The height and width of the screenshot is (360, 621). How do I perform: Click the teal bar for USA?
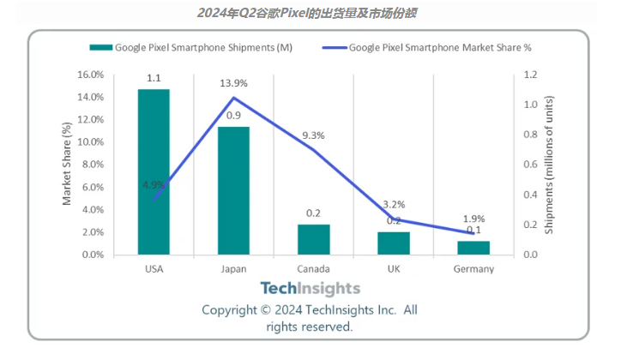point(154,171)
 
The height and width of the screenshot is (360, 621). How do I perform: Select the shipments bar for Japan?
point(233,190)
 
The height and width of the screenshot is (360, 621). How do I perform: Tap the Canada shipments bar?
point(313,239)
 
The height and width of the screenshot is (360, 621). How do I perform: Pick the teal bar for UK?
point(393,243)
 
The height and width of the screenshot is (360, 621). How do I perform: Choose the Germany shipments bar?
point(473,248)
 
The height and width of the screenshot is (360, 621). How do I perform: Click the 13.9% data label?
point(233,83)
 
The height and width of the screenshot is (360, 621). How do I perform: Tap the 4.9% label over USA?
point(154,183)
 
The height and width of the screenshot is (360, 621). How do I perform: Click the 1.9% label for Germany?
point(473,218)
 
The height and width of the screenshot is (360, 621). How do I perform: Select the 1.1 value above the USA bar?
point(154,78)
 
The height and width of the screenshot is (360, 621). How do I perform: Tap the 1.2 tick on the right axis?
point(531,75)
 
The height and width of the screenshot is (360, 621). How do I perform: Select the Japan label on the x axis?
point(233,269)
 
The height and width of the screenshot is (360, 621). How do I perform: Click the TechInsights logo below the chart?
point(310,289)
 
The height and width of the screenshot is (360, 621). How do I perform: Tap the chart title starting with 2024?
point(310,14)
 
